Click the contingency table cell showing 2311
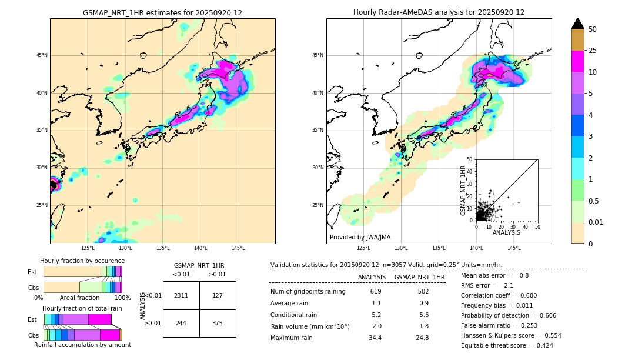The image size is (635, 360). tap(181, 295)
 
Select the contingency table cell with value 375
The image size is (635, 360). tap(218, 323)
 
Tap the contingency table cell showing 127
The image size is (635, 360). tap(218, 295)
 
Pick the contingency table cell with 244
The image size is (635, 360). tap(181, 323)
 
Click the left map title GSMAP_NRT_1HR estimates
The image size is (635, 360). tap(162, 12)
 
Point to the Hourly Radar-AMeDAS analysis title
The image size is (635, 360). tap(439, 12)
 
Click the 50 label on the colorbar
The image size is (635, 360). tap(593, 29)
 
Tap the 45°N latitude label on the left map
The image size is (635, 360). tap(42, 55)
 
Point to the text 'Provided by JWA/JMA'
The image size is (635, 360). tap(360, 238)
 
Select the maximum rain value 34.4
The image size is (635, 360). tap(375, 338)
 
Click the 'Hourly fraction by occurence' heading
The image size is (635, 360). tap(82, 261)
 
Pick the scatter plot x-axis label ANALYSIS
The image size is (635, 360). tap(506, 232)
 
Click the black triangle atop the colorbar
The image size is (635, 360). tap(578, 24)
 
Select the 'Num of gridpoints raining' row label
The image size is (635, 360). tap(308, 292)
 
